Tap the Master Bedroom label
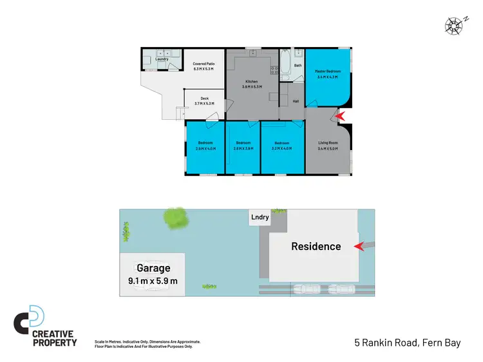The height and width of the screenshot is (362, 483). tap(328, 71)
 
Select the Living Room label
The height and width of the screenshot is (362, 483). tap(328, 142)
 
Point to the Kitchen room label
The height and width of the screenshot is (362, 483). tap(252, 82)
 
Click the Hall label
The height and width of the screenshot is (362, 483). tap(296, 101)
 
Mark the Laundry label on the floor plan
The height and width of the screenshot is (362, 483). tap(162, 59)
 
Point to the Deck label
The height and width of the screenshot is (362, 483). tap(204, 99)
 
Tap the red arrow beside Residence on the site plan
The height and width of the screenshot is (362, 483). tap(358, 245)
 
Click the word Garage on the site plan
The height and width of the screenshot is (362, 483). tap(153, 268)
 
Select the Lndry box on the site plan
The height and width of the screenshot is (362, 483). tap(260, 218)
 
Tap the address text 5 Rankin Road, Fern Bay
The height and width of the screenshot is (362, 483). tap(407, 343)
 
